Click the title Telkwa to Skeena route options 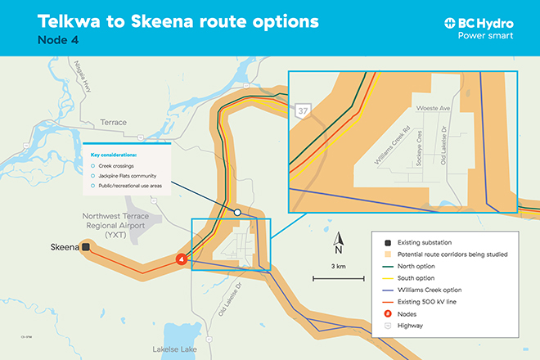coord(168,20)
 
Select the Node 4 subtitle coord(61,39)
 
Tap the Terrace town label coord(112,122)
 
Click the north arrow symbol coord(338,242)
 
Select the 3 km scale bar coord(338,278)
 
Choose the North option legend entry coord(418,266)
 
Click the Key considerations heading coord(113,154)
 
